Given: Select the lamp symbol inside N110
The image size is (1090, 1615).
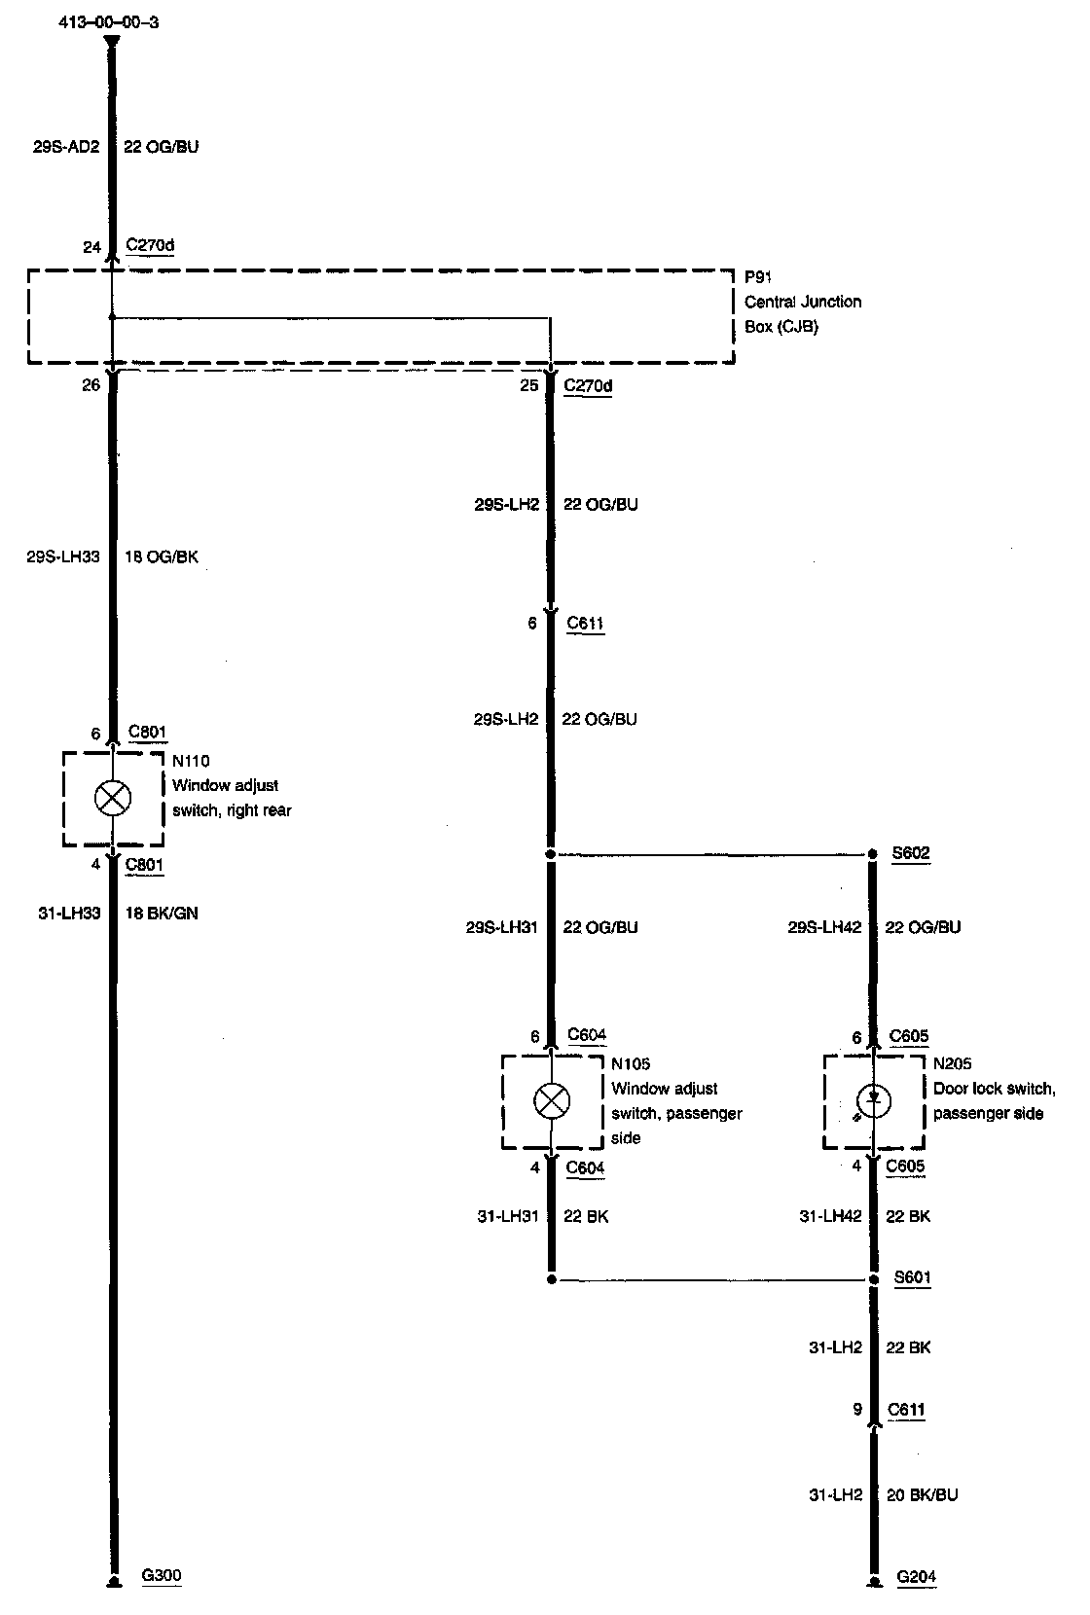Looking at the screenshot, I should point(113,798).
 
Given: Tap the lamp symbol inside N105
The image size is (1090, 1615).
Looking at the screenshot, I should point(552,1101).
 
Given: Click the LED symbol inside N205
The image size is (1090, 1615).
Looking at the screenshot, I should point(873,1100).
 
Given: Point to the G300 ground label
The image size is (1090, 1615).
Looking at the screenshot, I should point(162,1575).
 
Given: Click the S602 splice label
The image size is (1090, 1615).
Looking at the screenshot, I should point(911,853).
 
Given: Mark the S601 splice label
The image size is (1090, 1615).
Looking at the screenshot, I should point(912,1277).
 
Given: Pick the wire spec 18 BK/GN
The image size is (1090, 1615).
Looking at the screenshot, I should point(162,913).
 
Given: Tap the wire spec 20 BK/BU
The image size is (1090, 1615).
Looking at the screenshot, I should point(922,1494).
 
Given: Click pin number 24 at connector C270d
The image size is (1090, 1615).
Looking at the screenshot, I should point(91,247).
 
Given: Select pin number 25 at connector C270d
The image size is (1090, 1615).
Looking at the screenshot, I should point(528,385).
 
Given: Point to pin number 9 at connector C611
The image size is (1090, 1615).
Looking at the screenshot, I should point(857,1409).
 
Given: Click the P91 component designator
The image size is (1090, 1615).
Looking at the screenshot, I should point(757,277).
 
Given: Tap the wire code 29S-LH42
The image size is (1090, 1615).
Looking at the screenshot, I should point(824,927).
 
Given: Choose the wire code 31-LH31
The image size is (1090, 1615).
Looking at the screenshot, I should point(507,1216).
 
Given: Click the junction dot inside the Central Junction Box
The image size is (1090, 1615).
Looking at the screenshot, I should point(113,316).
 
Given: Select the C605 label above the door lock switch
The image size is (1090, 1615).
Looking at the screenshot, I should point(909,1036).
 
